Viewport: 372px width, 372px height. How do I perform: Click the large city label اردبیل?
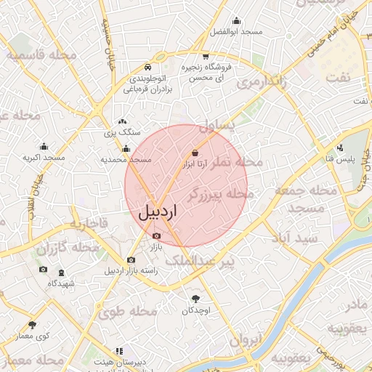tap(158, 211)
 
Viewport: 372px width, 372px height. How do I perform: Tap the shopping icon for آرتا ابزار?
tap(195, 153)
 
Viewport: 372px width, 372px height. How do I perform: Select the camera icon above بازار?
tap(157, 235)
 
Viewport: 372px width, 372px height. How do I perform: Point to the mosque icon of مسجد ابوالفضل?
tap(235, 21)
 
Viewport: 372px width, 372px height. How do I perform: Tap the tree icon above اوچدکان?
tap(195, 298)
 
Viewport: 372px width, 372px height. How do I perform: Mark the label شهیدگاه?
tap(62, 283)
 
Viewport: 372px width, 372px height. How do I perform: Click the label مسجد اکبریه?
tap(44, 157)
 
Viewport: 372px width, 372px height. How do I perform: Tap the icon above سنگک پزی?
tap(122, 122)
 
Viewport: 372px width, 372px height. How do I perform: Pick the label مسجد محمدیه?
tap(126, 159)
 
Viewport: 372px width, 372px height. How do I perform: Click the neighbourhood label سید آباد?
tap(294, 238)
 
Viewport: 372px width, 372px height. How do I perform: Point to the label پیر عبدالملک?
tap(199, 259)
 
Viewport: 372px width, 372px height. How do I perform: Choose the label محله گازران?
tap(68, 248)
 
